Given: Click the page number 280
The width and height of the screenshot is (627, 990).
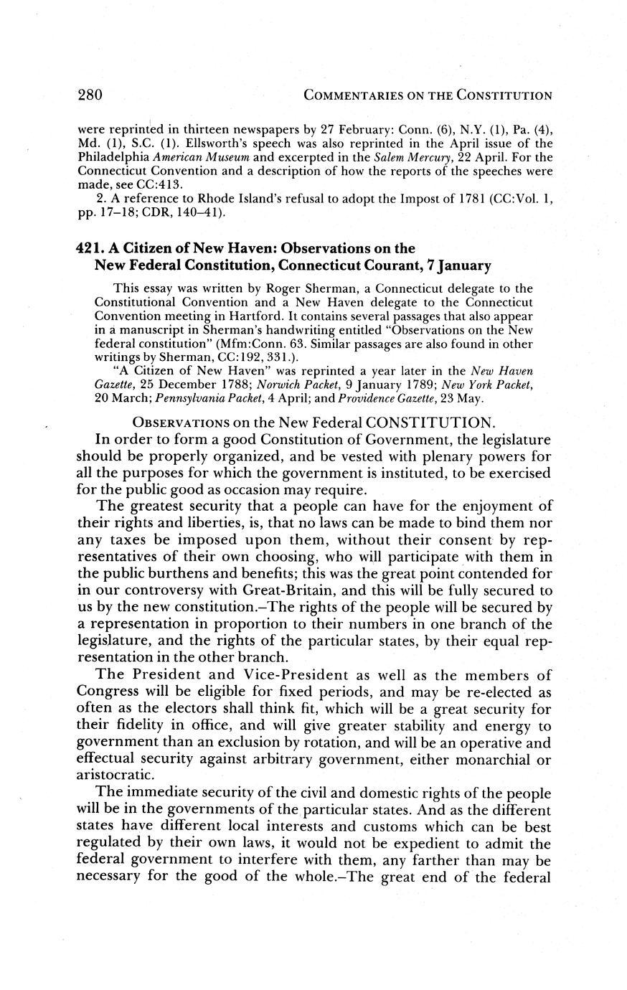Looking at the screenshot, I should [x=90, y=95].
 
